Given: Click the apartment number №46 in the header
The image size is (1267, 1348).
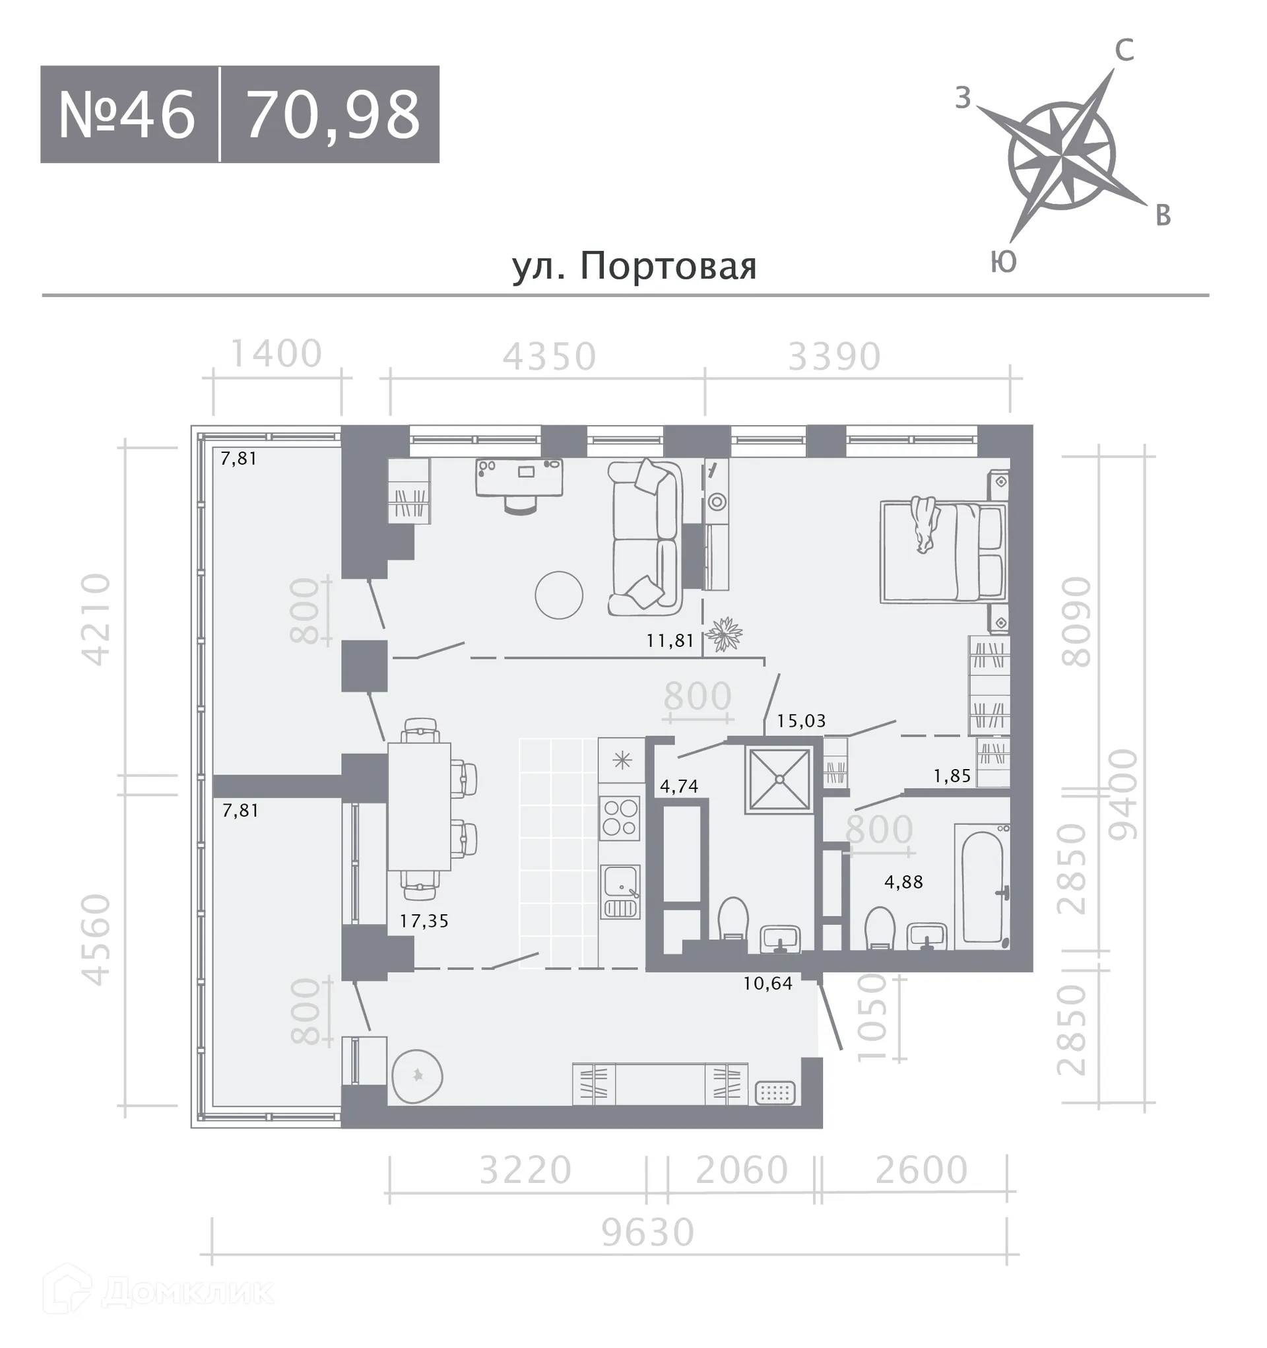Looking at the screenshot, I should point(127,115).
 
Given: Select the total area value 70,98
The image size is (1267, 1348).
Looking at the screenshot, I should point(332,115).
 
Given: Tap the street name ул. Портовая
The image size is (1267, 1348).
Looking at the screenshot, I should point(634,266).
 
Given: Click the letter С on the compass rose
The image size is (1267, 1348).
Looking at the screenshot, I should point(1124,50).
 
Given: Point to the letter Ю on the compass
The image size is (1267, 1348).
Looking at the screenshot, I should point(1003,261).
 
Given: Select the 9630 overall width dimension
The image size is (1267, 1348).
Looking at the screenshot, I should point(648,1232).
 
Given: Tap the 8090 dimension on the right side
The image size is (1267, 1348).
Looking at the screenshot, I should point(1076,622).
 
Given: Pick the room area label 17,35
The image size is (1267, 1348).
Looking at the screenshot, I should point(424,921).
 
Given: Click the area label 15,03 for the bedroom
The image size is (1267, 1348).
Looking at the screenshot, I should point(801,721).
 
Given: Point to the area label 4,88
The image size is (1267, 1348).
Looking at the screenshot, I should point(903,882).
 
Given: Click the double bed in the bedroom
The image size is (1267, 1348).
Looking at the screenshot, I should point(942,552).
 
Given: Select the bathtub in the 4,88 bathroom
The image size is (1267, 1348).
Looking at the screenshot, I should point(983,884).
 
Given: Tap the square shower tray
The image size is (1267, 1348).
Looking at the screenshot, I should point(779,779).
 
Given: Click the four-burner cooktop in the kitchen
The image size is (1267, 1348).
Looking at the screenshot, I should point(620,818).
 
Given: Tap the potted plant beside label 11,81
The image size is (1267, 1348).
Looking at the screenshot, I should point(724,634).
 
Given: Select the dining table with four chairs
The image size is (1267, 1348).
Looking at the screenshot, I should point(419,806).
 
